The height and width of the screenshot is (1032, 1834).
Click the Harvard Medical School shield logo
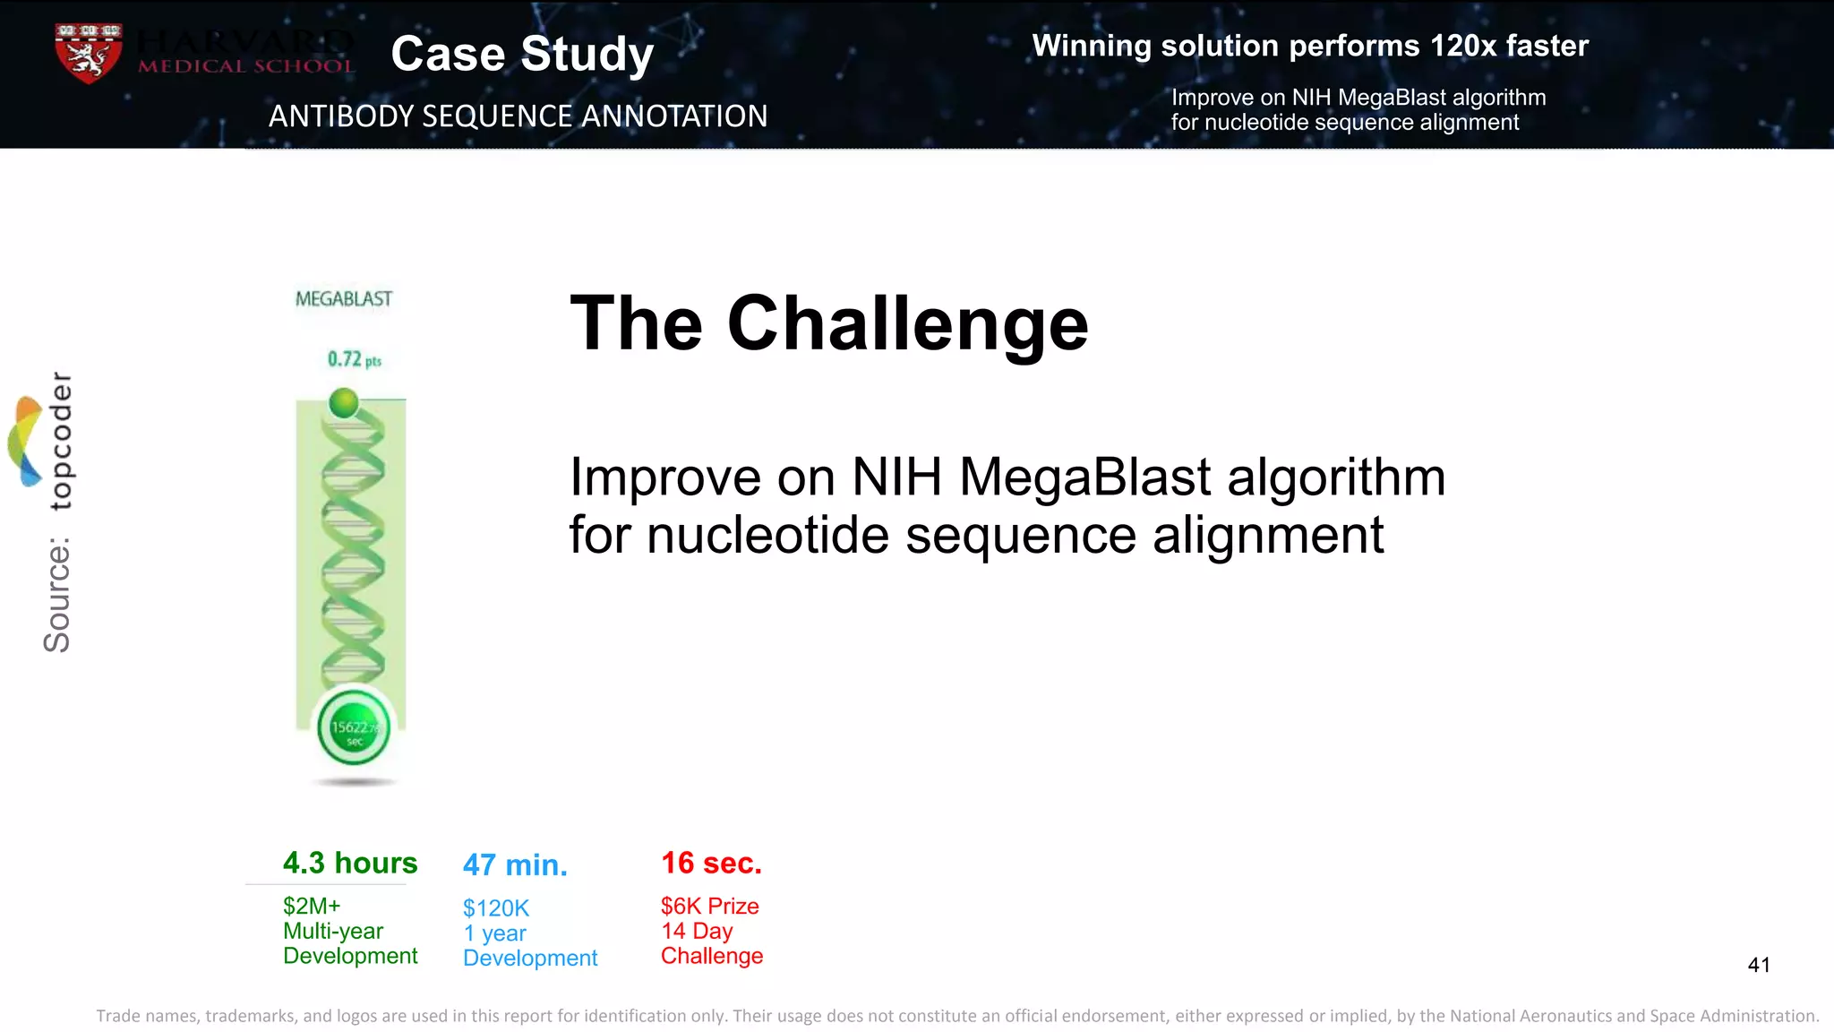87,53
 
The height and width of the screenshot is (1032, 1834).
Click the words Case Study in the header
522,54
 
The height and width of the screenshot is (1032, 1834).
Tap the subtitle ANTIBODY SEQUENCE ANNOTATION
518,116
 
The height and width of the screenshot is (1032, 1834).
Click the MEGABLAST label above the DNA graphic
344,299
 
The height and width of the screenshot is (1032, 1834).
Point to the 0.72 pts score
354,359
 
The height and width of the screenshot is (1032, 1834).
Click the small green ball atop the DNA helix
344,403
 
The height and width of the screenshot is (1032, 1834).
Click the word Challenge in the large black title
907,323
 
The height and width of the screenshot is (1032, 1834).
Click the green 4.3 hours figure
350,863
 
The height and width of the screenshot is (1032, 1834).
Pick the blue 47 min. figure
515,865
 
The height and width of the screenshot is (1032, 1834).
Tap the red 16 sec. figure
711,863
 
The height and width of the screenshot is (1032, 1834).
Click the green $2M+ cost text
312,906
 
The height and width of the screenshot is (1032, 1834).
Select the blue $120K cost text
496,908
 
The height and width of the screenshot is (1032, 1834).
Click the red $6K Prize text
709,906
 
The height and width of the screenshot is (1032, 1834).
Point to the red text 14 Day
697,931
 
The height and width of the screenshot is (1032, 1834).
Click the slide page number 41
1758,965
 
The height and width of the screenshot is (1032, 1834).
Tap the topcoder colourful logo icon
26,441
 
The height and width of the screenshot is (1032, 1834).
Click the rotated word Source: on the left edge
57,595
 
